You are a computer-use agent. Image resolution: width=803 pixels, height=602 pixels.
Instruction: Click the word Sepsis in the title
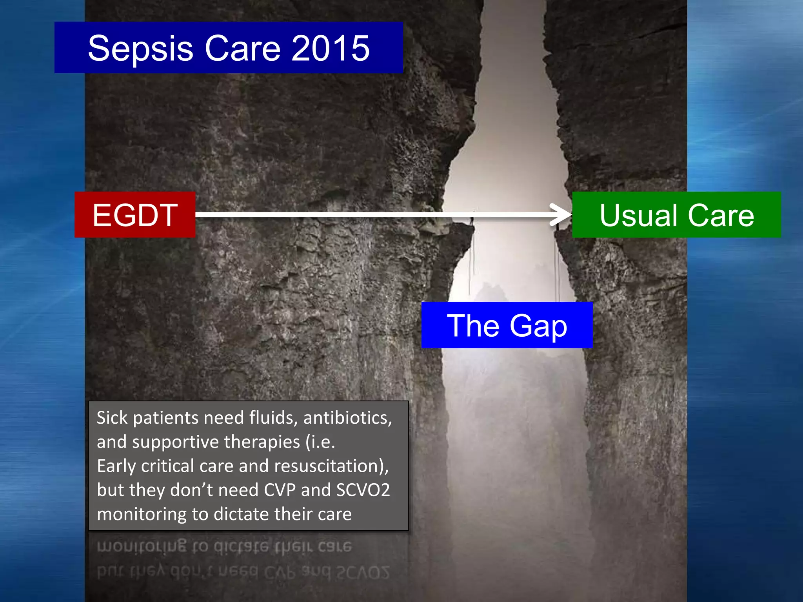140,48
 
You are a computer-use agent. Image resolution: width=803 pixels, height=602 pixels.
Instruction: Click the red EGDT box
135,215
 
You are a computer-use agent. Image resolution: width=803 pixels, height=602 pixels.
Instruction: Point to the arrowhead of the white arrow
563,215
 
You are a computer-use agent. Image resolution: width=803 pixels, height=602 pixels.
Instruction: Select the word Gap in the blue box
538,326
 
